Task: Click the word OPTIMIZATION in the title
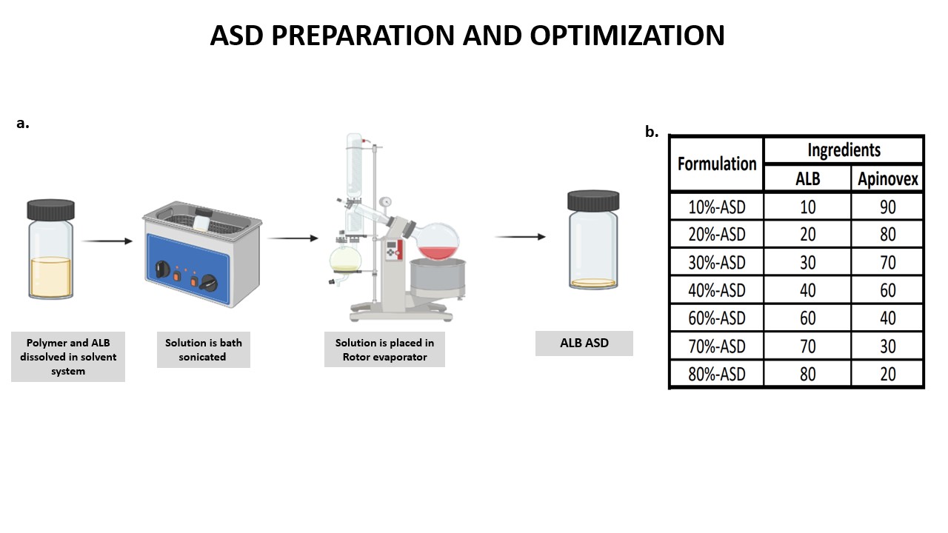[627, 35]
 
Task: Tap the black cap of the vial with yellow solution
[51, 209]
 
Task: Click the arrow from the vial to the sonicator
[107, 241]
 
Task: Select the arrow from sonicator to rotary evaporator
[293, 238]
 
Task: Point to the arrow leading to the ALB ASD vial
[520, 237]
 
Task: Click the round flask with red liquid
[438, 242]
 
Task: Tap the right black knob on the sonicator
[209, 283]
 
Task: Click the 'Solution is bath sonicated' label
[204, 349]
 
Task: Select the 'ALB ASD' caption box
[584, 343]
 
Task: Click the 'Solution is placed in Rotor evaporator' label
[384, 349]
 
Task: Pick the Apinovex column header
[887, 179]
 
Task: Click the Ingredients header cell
[844, 150]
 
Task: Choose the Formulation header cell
[717, 164]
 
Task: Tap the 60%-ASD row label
[717, 318]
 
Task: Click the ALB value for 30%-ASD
[807, 262]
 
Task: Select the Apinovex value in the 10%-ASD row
[887, 207]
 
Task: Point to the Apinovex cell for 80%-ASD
[887, 374]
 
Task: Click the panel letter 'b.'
[652, 132]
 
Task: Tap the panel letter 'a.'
[23, 123]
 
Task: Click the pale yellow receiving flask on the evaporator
[345, 260]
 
